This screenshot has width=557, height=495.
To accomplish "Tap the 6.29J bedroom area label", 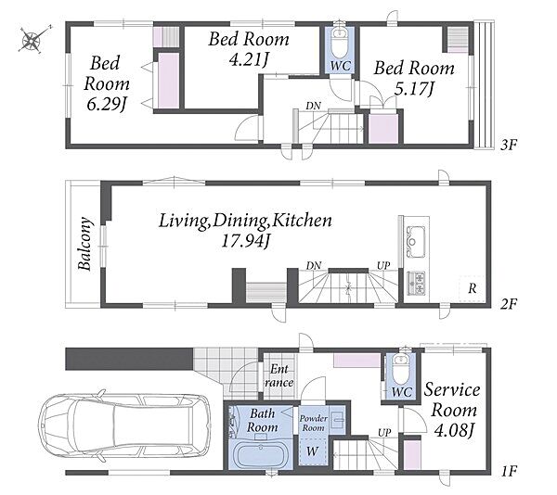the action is [107, 105].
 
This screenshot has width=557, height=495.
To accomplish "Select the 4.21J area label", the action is [248, 59].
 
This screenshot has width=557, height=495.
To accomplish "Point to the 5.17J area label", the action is [414, 88].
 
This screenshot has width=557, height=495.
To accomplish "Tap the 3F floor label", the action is [508, 145].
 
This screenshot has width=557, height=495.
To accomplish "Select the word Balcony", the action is [85, 243].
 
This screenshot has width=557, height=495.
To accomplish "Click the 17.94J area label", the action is [245, 241].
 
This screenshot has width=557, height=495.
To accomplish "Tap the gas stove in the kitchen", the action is [416, 284].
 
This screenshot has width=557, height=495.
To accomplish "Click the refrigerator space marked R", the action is [473, 288].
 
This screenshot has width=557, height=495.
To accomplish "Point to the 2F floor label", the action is [509, 304].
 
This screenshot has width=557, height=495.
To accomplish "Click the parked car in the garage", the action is [124, 425].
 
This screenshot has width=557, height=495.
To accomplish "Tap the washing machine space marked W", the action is [313, 451].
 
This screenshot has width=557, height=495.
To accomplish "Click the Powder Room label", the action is [313, 423].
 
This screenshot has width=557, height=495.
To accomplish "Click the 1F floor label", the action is [509, 471].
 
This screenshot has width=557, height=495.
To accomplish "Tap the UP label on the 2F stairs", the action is [383, 265].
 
